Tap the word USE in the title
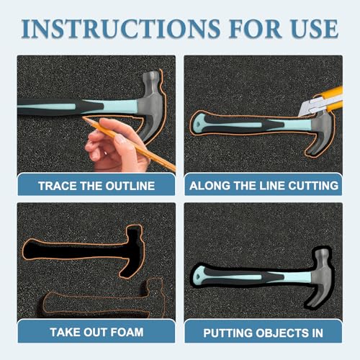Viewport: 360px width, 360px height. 315,29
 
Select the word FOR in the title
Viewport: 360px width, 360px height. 255,29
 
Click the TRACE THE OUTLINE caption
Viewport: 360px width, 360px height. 96,186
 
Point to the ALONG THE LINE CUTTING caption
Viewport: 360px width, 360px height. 264,186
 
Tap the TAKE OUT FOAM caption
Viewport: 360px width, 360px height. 96,333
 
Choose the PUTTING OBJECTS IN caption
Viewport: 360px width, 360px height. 263,333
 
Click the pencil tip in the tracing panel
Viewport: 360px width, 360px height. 83,117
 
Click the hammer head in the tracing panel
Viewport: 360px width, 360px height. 152,101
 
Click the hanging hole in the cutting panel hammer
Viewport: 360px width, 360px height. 198,125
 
